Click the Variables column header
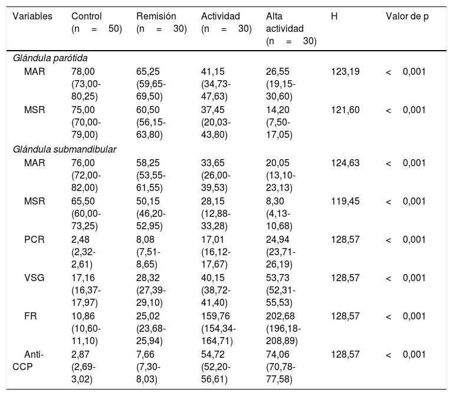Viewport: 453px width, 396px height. pyautogui.click(x=32, y=16)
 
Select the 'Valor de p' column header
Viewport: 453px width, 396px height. pyautogui.click(x=407, y=16)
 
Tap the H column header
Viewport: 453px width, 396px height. pyautogui.click(x=334, y=16)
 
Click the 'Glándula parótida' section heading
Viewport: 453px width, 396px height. pyautogui.click(x=50, y=58)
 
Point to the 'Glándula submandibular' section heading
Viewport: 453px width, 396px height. pyautogui.click(x=64, y=150)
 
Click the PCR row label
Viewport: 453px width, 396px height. pyautogui.click(x=34, y=240)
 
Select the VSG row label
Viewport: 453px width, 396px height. pyautogui.click(x=34, y=278)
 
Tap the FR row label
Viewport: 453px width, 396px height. pyautogui.click(x=30, y=316)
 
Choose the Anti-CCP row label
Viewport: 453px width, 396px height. pyautogui.click(x=28, y=361)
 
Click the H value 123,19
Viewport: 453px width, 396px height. pyautogui.click(x=345, y=71)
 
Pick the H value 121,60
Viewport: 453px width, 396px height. pyautogui.click(x=345, y=110)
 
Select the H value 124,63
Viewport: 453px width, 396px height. pyautogui.click(x=345, y=163)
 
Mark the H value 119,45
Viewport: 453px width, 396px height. pyautogui.click(x=345, y=201)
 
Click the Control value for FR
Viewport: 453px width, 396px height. pyautogui.click(x=86, y=328)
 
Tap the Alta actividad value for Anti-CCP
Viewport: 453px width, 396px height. pyautogui.click(x=281, y=367)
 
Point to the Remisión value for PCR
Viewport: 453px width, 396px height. pyautogui.click(x=149, y=252)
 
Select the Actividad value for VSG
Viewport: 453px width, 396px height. pyautogui.click(x=216, y=290)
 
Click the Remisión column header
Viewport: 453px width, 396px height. pyautogui.click(x=162, y=22)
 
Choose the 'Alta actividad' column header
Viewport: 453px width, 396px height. pyautogui.click(x=291, y=28)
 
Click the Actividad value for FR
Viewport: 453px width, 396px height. pyautogui.click(x=218, y=328)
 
